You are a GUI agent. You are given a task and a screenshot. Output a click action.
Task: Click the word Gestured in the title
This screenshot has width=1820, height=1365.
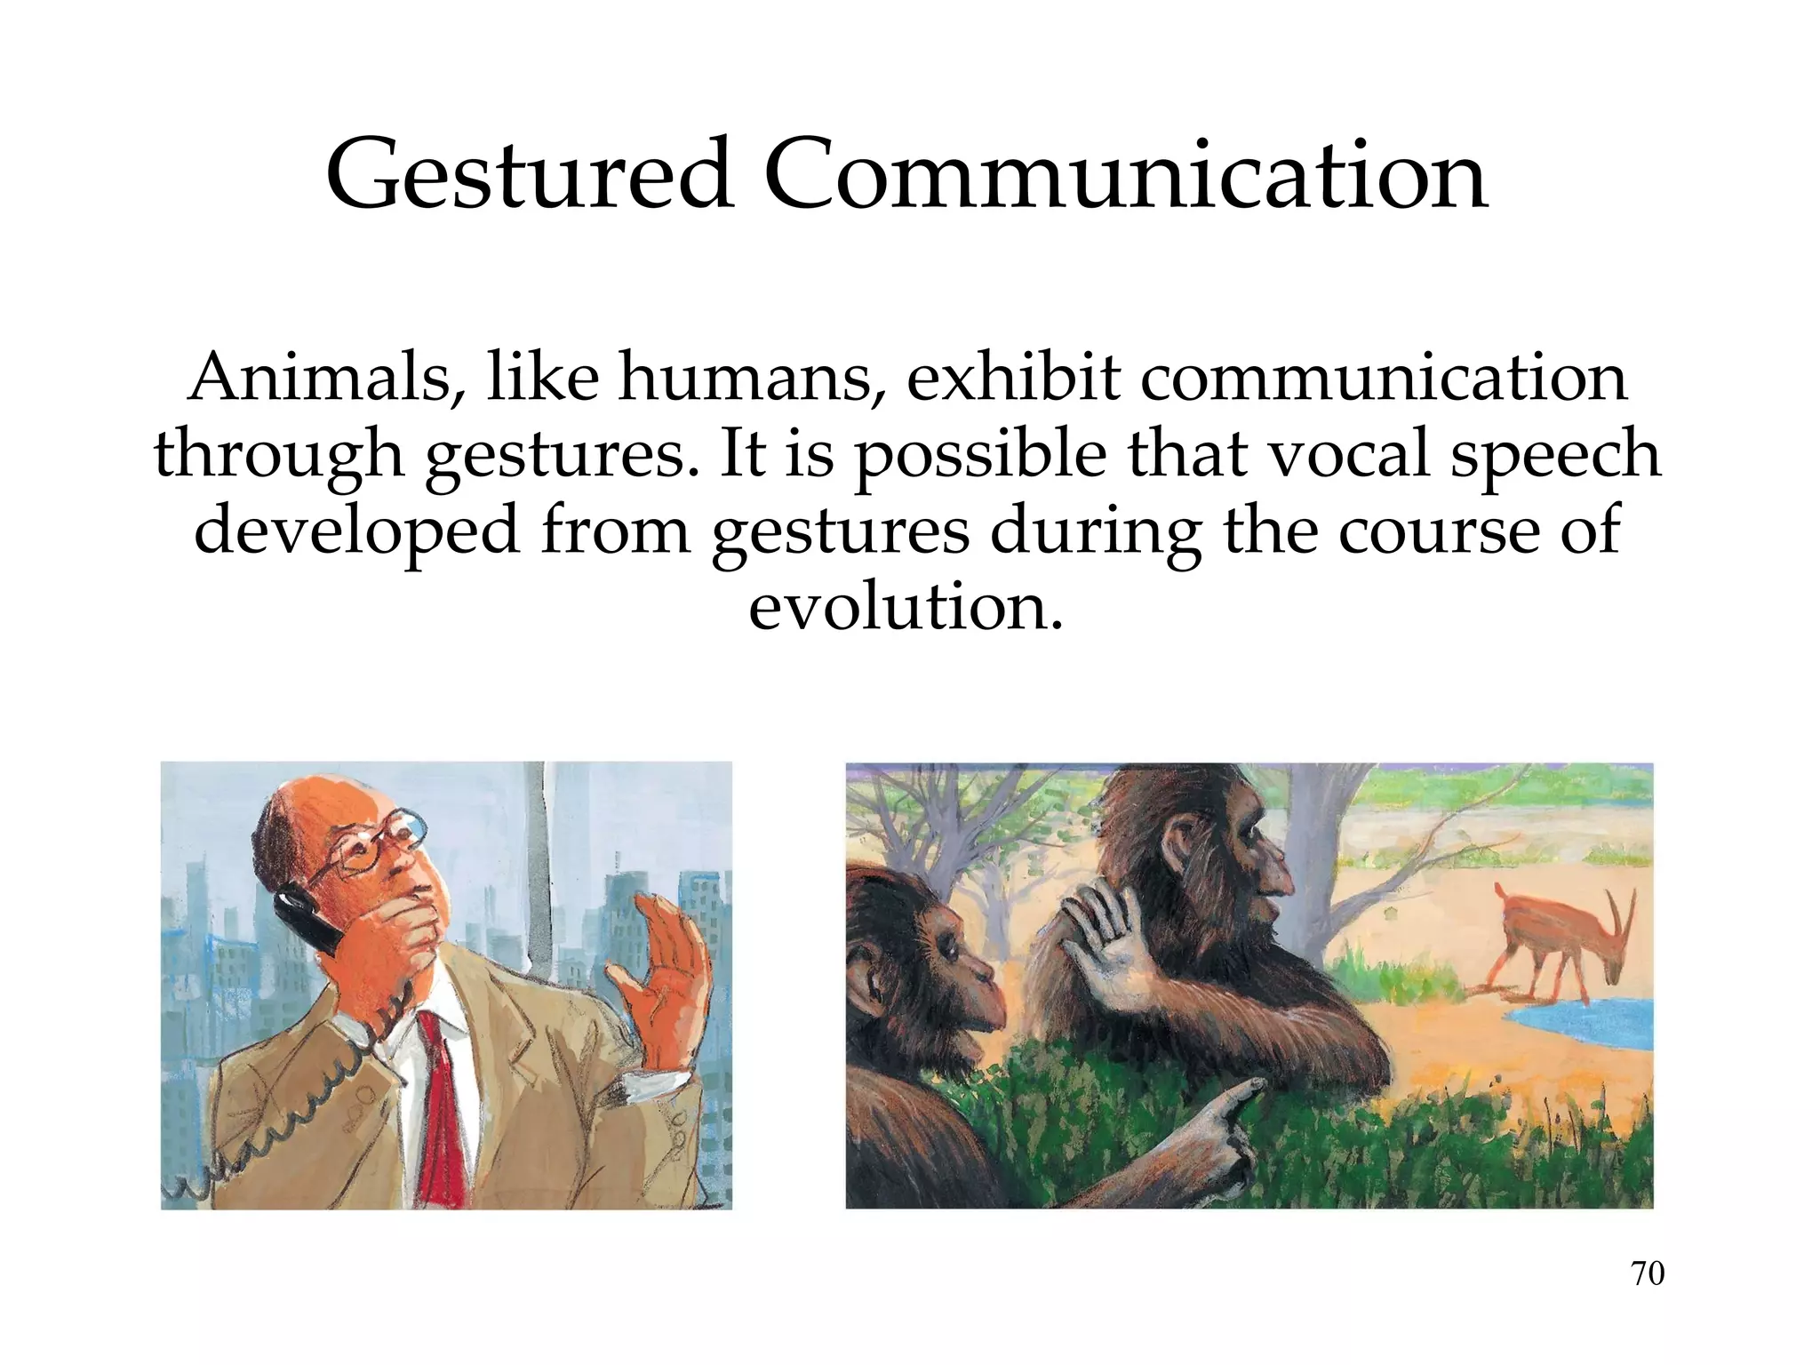point(530,175)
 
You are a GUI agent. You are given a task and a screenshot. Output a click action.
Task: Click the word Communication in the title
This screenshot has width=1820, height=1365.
point(1124,175)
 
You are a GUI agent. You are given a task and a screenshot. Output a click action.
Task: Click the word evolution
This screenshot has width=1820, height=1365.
point(905,608)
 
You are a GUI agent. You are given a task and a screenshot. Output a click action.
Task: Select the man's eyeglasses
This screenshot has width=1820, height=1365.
point(373,840)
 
